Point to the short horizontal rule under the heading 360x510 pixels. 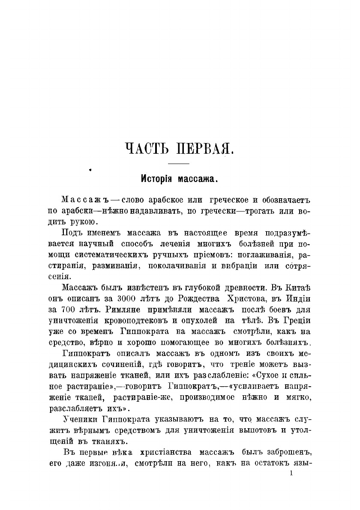point(178,164)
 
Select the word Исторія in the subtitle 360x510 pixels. point(156,179)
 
